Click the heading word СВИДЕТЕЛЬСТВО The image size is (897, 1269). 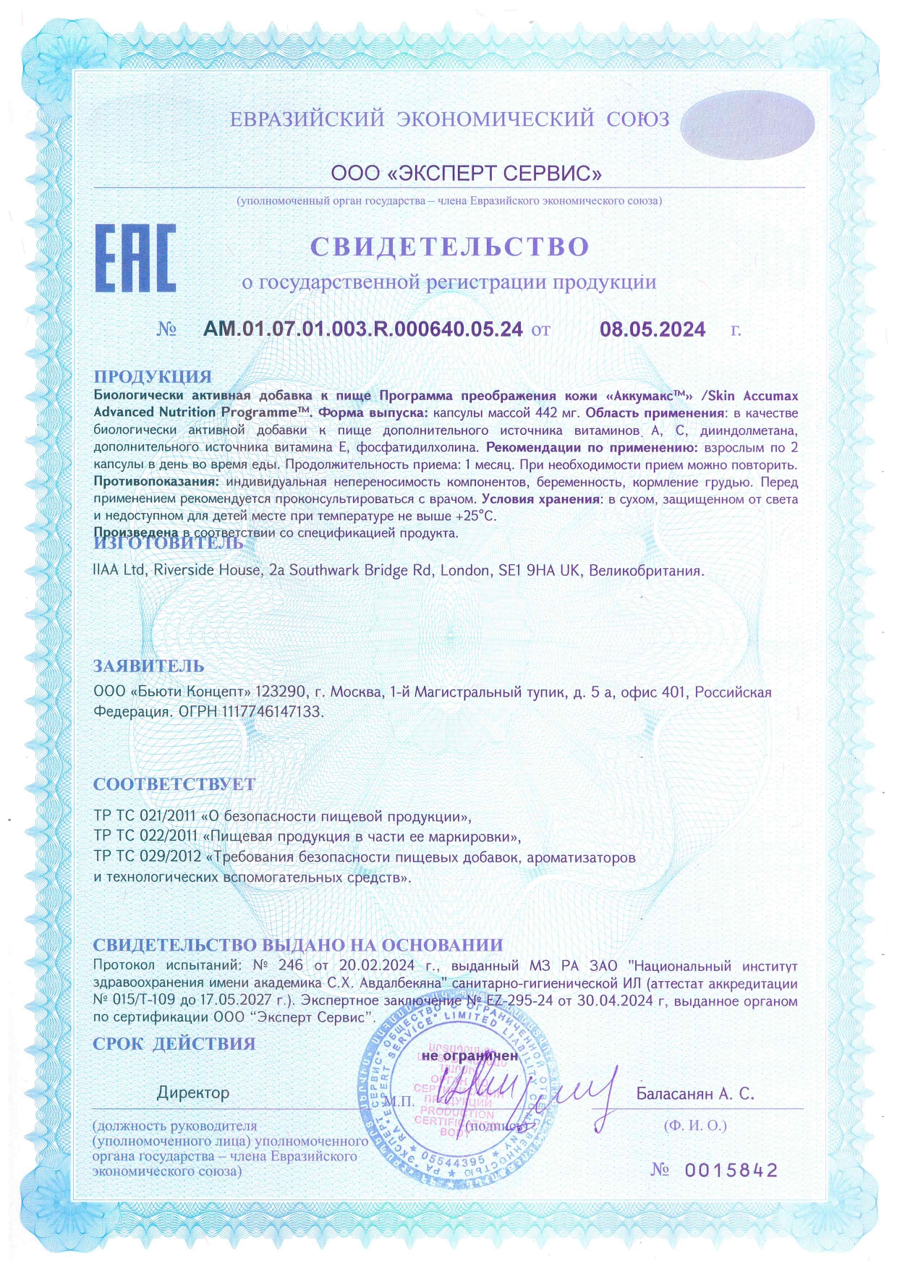pyautogui.click(x=450, y=246)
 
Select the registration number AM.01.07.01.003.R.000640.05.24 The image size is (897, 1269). pyautogui.click(x=363, y=329)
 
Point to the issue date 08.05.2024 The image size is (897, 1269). pyautogui.click(x=652, y=330)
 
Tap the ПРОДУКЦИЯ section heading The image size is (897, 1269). pyautogui.click(x=153, y=376)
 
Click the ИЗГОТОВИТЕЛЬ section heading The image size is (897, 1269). pyautogui.click(x=169, y=543)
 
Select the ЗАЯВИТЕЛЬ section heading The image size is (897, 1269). pyautogui.click(x=149, y=666)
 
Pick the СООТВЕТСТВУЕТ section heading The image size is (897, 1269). pyautogui.click(x=174, y=784)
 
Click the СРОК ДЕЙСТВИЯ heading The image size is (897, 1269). pyautogui.click(x=174, y=1043)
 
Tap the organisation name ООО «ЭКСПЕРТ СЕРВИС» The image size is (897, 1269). pyautogui.click(x=467, y=174)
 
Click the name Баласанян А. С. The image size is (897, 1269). pyautogui.click(x=695, y=1094)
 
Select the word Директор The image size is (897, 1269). pyautogui.click(x=193, y=1092)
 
